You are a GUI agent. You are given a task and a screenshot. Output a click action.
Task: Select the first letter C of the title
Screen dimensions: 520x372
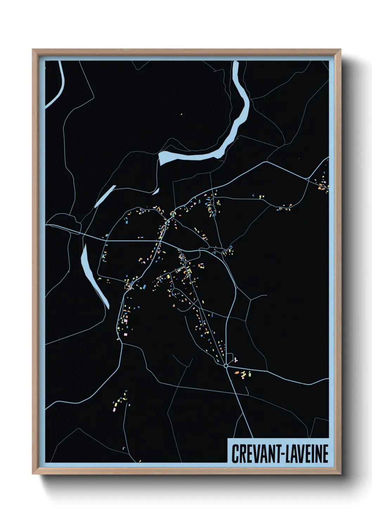tap(235, 454)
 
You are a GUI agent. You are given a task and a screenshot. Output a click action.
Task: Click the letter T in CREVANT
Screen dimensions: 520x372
tap(275, 454)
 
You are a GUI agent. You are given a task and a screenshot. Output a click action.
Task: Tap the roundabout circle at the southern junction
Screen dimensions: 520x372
tap(226, 366)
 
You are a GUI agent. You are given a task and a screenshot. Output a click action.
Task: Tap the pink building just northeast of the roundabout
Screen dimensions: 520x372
tap(235, 359)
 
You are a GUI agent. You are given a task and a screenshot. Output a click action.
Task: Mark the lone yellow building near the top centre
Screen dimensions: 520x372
tap(181, 114)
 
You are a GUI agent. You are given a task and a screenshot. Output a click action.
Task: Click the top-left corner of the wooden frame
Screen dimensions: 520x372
tap(33, 50)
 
